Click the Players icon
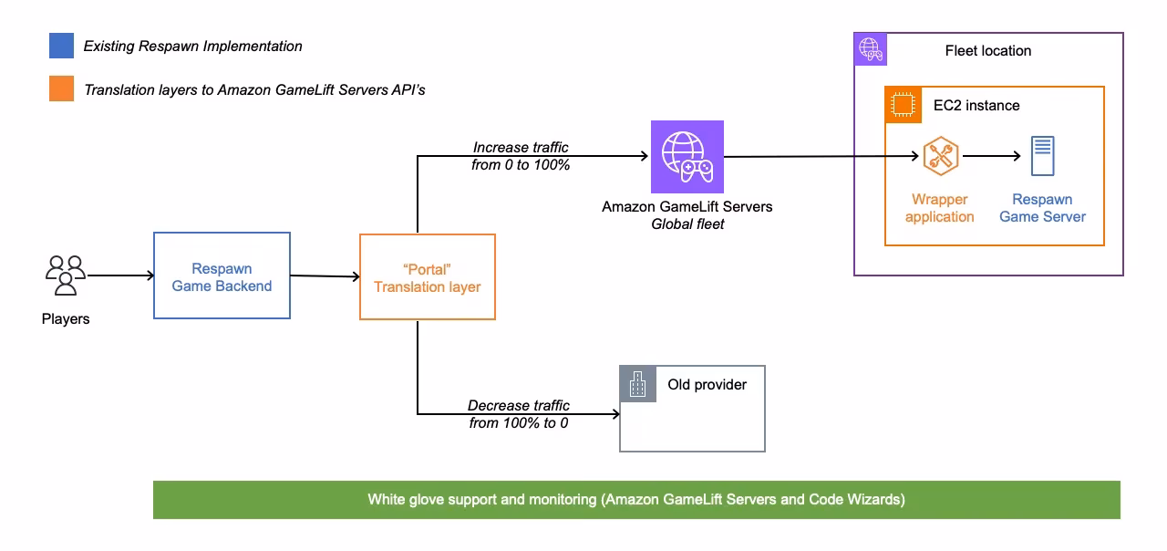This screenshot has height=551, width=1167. [66, 275]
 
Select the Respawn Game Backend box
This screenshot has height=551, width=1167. [222, 275]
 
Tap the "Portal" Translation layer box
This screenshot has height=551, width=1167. [428, 277]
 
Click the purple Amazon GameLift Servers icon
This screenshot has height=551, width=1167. [687, 156]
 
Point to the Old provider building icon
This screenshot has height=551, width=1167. [638, 384]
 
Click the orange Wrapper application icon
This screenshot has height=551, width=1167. [940, 156]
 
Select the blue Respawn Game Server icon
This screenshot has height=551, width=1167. [1042, 156]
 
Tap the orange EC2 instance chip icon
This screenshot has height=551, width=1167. [903, 105]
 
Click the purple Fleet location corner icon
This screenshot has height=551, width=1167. [870, 48]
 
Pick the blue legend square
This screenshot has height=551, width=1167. [62, 46]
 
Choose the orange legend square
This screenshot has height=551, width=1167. [62, 89]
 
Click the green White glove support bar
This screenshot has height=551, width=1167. [636, 500]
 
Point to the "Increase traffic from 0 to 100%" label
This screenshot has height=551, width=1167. [522, 156]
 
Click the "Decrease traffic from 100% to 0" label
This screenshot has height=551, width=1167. [519, 414]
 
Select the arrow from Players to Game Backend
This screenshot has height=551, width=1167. [120, 275]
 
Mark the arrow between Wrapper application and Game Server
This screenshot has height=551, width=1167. [992, 156]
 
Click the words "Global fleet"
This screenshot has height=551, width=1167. [687, 224]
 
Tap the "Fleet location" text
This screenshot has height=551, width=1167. [988, 51]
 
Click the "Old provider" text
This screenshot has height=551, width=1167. [707, 385]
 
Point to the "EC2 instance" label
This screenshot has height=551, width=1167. [976, 106]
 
